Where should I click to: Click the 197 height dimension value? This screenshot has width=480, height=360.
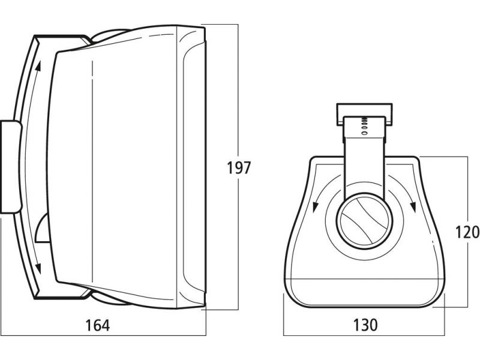[x=238, y=167]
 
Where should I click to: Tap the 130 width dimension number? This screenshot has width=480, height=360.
[x=366, y=325]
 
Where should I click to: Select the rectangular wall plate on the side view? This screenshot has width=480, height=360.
[x=10, y=166]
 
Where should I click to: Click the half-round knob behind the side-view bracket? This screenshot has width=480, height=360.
[x=42, y=229]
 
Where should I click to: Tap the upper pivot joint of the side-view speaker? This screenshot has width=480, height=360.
[x=108, y=35]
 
